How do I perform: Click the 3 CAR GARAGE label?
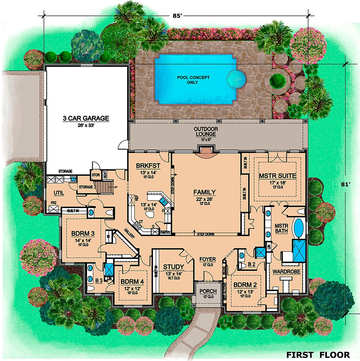click(85, 118)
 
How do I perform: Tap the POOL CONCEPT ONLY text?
click(193, 80)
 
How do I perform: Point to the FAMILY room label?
click(204, 192)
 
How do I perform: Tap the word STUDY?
click(174, 267)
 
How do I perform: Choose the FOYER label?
click(208, 259)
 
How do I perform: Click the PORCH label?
click(208, 291)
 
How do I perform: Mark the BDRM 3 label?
click(83, 233)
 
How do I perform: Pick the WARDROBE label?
click(286, 271)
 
